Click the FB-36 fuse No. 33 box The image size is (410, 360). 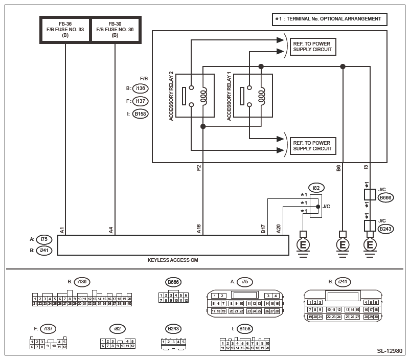65,30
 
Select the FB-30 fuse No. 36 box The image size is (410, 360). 115,30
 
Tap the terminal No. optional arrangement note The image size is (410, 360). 329,19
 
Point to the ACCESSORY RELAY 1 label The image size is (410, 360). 229,97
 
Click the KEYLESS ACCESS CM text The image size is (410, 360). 173,260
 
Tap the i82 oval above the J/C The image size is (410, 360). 316,188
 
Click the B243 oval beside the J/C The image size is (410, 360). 385,229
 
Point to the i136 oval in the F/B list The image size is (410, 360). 140,88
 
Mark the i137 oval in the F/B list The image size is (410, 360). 140,101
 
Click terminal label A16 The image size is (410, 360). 199,230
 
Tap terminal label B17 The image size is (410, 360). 263,230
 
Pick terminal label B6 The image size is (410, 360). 338,167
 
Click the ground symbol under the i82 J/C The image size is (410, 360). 303,245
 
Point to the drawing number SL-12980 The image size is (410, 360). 390,351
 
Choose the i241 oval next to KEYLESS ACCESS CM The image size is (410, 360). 44,251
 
